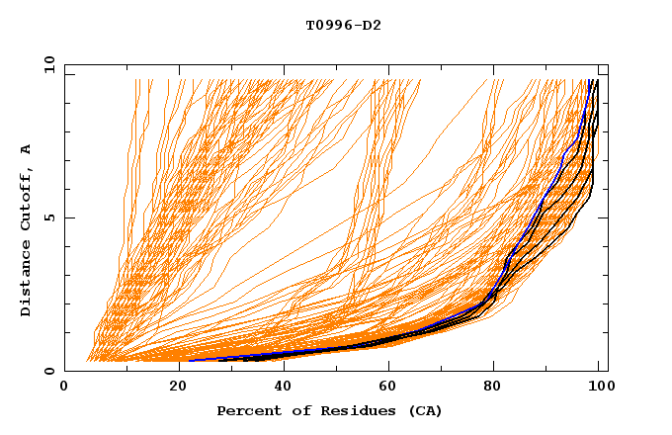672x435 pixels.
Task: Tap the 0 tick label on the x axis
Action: tap(64, 387)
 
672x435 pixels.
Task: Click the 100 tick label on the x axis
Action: tap(599, 387)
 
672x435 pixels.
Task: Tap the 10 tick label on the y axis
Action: tap(47, 64)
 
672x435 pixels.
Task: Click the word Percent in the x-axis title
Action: tap(248, 410)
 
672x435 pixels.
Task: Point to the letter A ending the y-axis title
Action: tap(26, 149)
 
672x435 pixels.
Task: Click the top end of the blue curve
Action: tap(590, 80)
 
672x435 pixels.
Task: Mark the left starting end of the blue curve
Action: tap(190, 360)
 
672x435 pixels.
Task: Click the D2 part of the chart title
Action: tap(372, 25)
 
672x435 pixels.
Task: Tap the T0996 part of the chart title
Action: tap(329, 25)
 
